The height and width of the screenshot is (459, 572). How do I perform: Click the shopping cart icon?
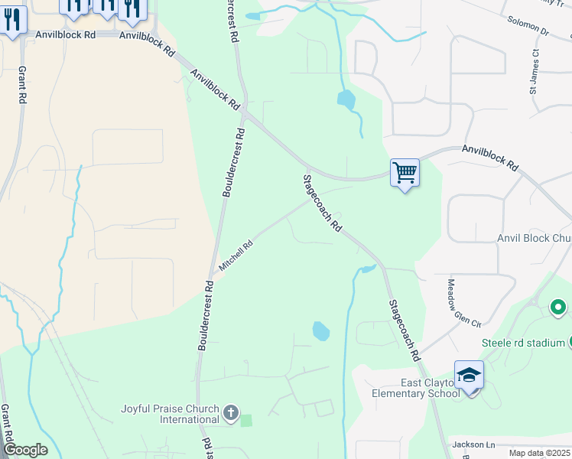coord(405,173)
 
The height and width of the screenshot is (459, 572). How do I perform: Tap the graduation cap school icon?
coord(469,375)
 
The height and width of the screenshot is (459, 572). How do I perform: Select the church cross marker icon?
coord(231,414)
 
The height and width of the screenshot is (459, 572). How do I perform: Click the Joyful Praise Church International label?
coord(170,414)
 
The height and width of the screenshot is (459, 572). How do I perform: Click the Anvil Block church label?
coord(534,239)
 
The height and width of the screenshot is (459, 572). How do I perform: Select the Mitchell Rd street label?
coord(236,256)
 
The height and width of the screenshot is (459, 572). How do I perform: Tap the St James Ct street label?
coord(534,72)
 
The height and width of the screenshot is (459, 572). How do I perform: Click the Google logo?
coord(25,450)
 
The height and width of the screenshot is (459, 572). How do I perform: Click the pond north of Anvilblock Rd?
coord(346,99)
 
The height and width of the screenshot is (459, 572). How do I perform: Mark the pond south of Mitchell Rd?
coord(321,331)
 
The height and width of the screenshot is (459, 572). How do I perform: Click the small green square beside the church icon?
coord(245,420)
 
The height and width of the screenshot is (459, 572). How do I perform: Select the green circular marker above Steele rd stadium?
coord(558,308)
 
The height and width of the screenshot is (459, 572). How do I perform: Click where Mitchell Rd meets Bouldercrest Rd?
coord(213,277)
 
